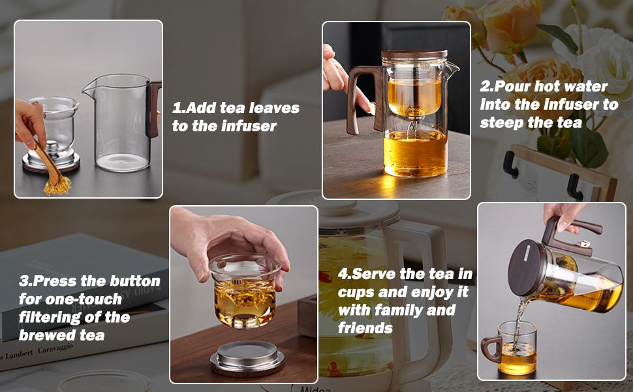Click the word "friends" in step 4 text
click(365, 327)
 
